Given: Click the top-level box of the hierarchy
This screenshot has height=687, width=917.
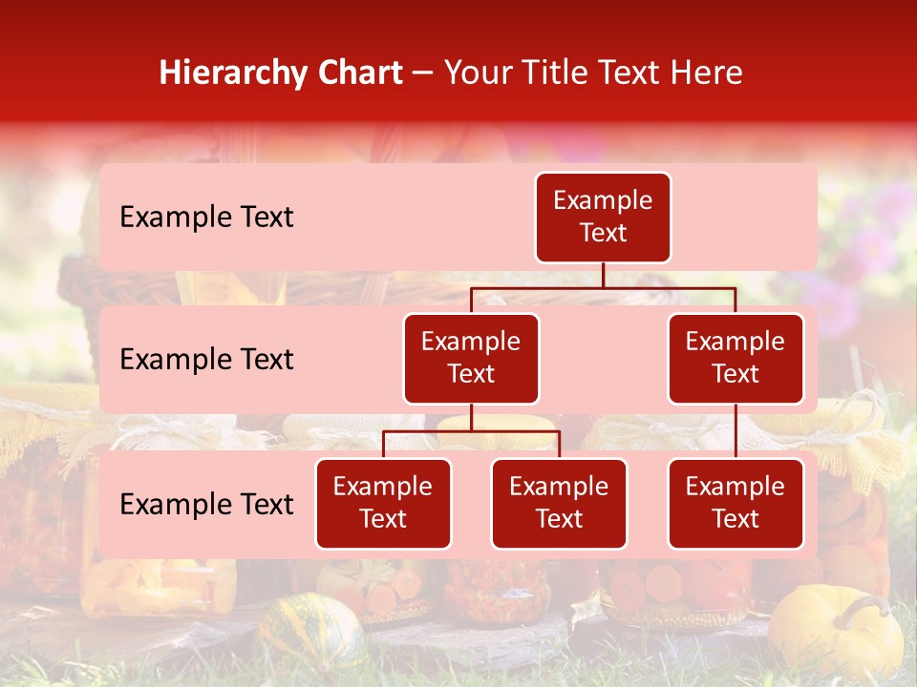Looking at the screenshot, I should pos(603,218).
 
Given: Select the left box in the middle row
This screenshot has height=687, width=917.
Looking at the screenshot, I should pos(471,359).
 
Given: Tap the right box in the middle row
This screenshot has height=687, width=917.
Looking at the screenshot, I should pos(736,359).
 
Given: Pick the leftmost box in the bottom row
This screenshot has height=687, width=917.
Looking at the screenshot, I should pos(383,504).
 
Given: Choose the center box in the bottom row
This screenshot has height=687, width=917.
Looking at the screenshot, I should pos(559,504).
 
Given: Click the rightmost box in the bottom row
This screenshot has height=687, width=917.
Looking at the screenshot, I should pos(736,504).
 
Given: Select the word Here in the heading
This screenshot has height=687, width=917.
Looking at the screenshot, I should pos(707,73).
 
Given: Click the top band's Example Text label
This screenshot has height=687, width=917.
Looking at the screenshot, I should pos(206,218).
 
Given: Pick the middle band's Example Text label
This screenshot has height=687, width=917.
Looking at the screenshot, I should pos(206,360).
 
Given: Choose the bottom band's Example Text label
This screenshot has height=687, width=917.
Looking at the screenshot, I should pos(206,505).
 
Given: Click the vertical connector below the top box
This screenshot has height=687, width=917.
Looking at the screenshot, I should pos(603,275).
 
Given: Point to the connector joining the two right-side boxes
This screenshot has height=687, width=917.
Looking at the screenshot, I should pos(736,431).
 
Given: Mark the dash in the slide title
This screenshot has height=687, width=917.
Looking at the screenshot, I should pos(423,73).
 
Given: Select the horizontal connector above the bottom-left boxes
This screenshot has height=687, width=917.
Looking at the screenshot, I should pos(471,431).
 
